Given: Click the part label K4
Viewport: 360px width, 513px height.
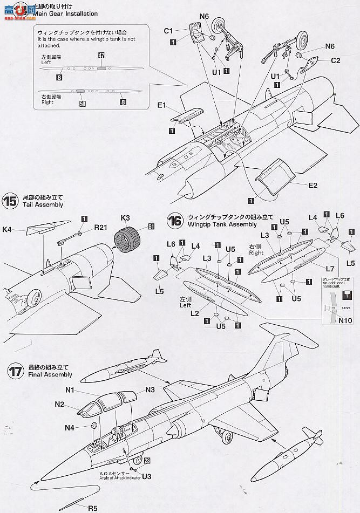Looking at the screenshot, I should (7, 229).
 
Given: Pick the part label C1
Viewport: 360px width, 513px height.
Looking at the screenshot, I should (168, 31).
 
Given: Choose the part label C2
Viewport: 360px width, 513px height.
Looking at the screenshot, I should (335, 61).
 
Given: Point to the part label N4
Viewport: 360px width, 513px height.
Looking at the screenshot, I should (70, 428).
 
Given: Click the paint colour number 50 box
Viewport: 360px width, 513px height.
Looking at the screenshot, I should (82, 104).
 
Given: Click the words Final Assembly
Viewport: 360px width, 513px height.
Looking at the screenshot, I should (47, 374).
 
